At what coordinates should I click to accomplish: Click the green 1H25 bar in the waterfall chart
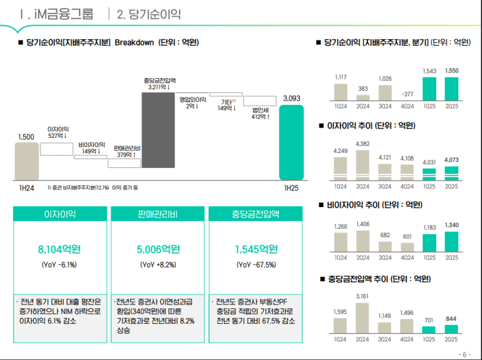point(291,144)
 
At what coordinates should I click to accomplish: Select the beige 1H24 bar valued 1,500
point(26,161)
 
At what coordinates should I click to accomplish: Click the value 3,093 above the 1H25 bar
point(291,99)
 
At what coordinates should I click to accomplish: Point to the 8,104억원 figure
point(58,249)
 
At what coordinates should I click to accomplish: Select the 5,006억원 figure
point(156,249)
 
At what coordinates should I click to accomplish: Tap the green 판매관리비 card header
point(156,215)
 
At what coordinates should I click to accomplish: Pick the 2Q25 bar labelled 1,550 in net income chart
point(451,88)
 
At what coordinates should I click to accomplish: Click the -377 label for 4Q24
point(407,94)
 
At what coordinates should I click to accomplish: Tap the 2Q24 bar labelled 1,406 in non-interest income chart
point(363,241)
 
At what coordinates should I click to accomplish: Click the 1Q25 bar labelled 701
point(429,329)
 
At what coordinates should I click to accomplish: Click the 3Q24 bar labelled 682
point(385,245)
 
